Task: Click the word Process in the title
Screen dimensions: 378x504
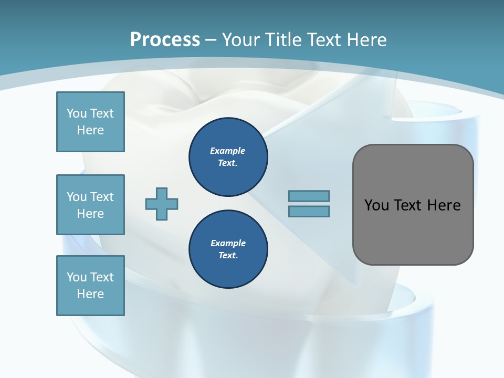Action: click(x=165, y=40)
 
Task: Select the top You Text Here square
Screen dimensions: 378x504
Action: click(x=90, y=122)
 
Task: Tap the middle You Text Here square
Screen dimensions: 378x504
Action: click(x=90, y=205)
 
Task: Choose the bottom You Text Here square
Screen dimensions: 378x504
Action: click(x=90, y=286)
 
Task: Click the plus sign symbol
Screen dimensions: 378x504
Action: click(x=162, y=204)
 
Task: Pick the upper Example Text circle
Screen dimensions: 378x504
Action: click(x=228, y=157)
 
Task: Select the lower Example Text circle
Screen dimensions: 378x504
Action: click(x=228, y=249)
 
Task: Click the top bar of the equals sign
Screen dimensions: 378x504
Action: click(x=309, y=196)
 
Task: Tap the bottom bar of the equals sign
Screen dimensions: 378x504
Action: click(x=309, y=211)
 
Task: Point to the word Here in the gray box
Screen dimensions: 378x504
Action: click(x=444, y=205)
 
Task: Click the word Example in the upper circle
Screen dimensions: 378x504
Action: click(x=228, y=151)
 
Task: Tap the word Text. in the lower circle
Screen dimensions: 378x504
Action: click(x=228, y=256)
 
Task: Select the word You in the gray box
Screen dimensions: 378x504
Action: click(x=376, y=205)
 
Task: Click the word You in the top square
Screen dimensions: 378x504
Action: click(x=77, y=113)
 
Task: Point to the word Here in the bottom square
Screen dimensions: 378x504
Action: click(x=90, y=294)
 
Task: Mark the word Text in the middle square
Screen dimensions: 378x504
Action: click(x=102, y=197)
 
